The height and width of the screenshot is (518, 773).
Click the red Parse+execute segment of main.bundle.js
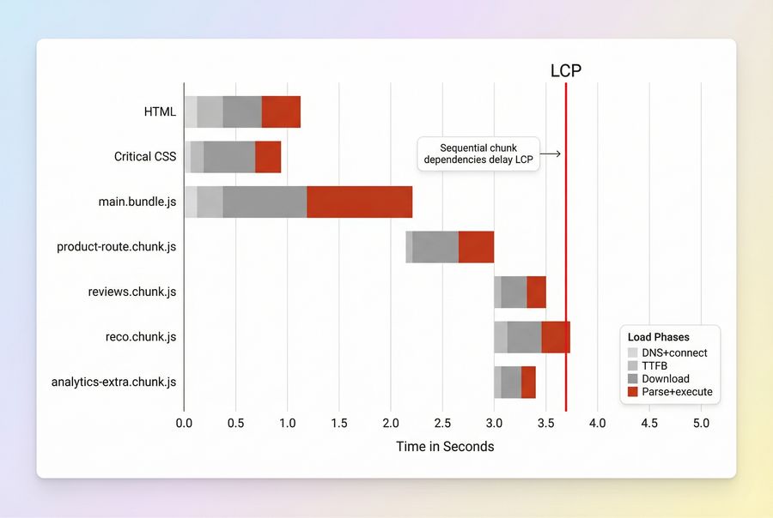pos(359,202)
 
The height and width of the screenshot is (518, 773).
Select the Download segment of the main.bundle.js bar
pos(265,202)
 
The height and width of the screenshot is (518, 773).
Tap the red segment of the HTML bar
pos(281,111)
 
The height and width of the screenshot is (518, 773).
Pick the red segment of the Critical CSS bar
pos(268,157)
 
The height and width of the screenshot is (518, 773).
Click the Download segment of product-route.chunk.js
pos(435,247)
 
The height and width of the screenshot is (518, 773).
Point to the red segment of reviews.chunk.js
pos(536,292)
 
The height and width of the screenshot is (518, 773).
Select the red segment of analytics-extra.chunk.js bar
pos(528,382)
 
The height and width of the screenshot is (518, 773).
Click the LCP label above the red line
pos(565,71)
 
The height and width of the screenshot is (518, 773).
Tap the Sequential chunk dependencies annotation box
pos(478,154)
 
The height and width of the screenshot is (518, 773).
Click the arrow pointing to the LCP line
pos(551,154)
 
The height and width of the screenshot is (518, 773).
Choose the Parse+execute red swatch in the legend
pos(633,392)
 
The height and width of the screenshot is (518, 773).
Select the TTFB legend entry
pos(654,365)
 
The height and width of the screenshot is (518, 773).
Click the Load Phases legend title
pos(659,337)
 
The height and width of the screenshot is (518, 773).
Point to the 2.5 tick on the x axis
pos(442,423)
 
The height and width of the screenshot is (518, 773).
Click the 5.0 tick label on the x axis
pos(701,423)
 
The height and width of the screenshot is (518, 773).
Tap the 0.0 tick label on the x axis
pos(184,423)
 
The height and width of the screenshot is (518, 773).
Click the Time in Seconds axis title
pos(444,446)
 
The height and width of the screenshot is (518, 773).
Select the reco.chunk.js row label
pos(141,337)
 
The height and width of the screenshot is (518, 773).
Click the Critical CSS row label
pos(145,157)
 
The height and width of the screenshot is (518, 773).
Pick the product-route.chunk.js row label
pos(117,247)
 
